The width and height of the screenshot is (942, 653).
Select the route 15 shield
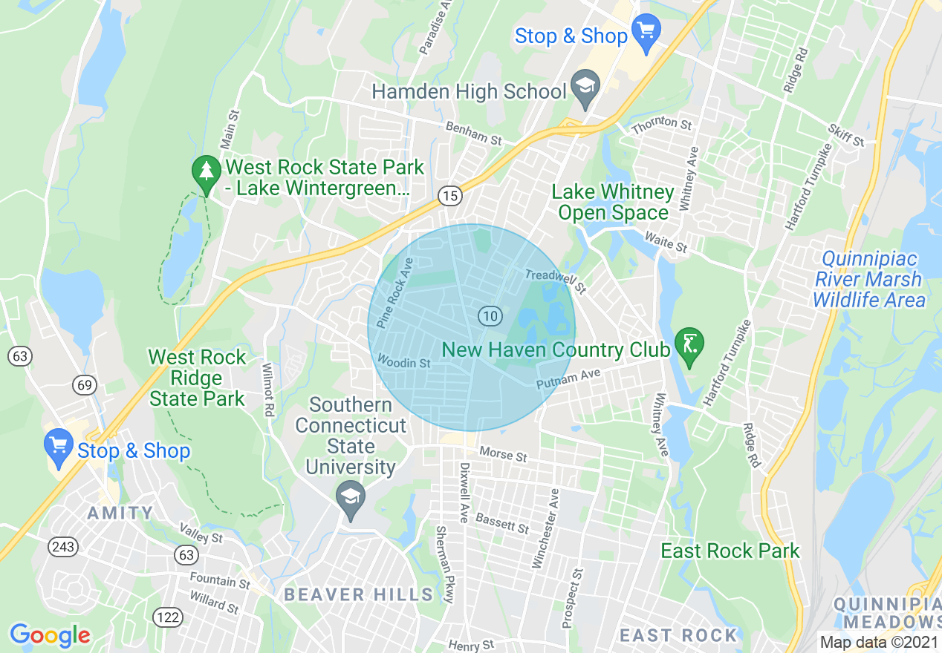pos(449,196)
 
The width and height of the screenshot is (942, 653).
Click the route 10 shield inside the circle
pos(489,316)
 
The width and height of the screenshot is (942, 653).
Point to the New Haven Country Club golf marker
pos(690,346)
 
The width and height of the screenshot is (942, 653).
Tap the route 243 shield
pos(63,547)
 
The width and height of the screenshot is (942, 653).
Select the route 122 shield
pos(167,616)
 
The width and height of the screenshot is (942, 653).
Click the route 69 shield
pos(85,384)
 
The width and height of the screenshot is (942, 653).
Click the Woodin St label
pos(403,362)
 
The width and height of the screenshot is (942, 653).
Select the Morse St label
pos(503,453)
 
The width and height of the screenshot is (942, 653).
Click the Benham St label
pos(473,134)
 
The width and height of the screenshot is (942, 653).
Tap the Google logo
pos(50,635)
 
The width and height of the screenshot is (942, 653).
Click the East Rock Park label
pos(730,551)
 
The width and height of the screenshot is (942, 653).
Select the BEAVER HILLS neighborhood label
pos(358,594)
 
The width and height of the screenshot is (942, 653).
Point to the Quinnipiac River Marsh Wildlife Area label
pos(868,280)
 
